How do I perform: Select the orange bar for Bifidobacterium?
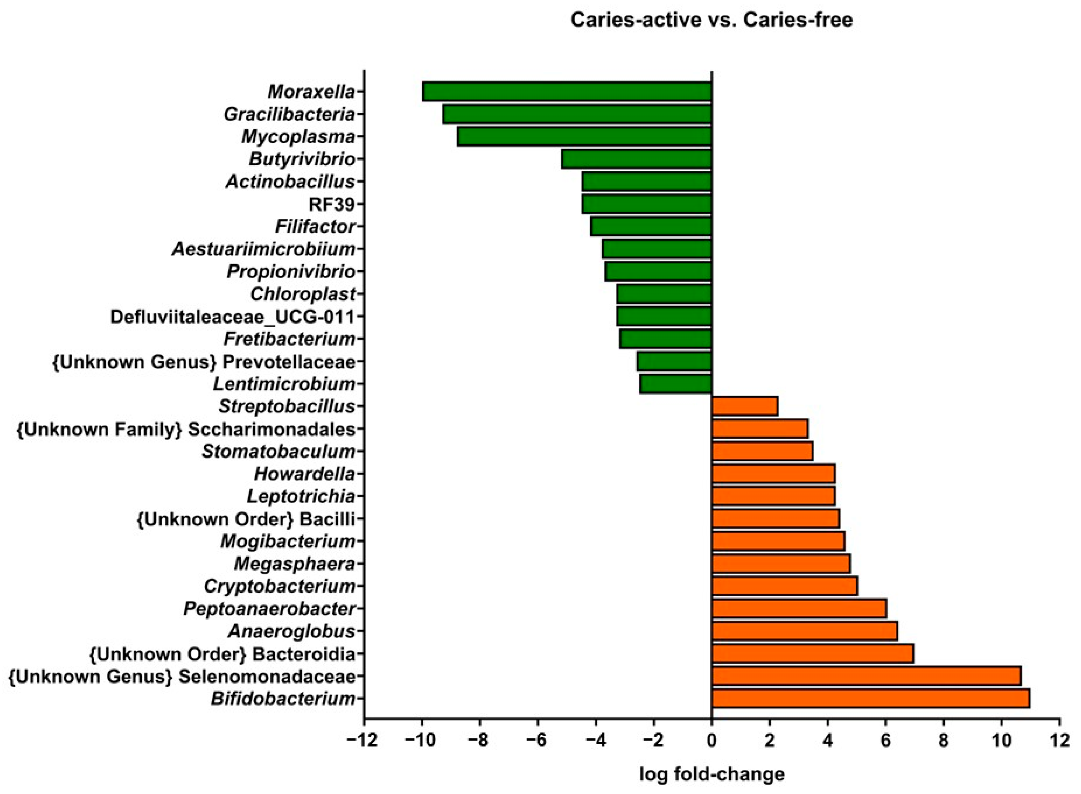pos(870,698)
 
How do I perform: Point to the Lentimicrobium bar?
pos(675,384)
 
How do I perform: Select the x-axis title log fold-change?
pos(712,774)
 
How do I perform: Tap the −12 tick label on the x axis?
pos(364,741)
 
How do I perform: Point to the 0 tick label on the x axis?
pos(711,741)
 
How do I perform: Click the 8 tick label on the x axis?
pos(944,741)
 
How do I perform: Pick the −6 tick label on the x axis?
pos(538,741)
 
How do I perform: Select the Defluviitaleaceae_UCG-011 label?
pos(232,317)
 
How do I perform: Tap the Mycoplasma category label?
pos(298,137)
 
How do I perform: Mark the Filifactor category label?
pos(315,227)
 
